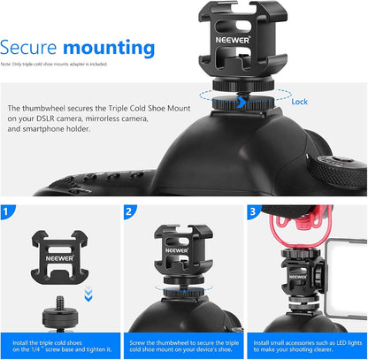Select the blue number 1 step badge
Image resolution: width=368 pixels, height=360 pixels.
coord(8,212)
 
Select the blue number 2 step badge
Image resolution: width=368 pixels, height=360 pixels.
coord(131,212)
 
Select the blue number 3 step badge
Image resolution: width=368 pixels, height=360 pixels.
coord(254,212)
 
